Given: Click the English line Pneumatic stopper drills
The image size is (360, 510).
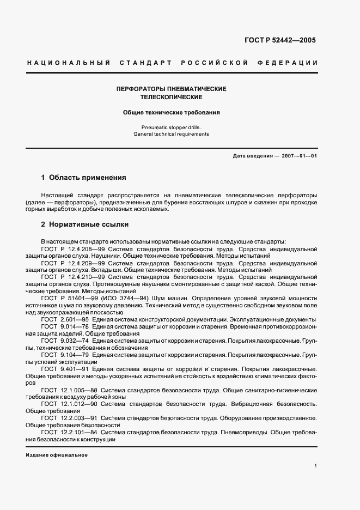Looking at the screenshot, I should click(x=171, y=127).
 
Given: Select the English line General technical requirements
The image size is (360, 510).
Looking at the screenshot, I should click(x=171, y=134).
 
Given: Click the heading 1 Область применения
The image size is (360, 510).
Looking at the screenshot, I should click(x=84, y=178).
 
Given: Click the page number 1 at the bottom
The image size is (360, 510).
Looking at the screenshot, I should click(x=316, y=466).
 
